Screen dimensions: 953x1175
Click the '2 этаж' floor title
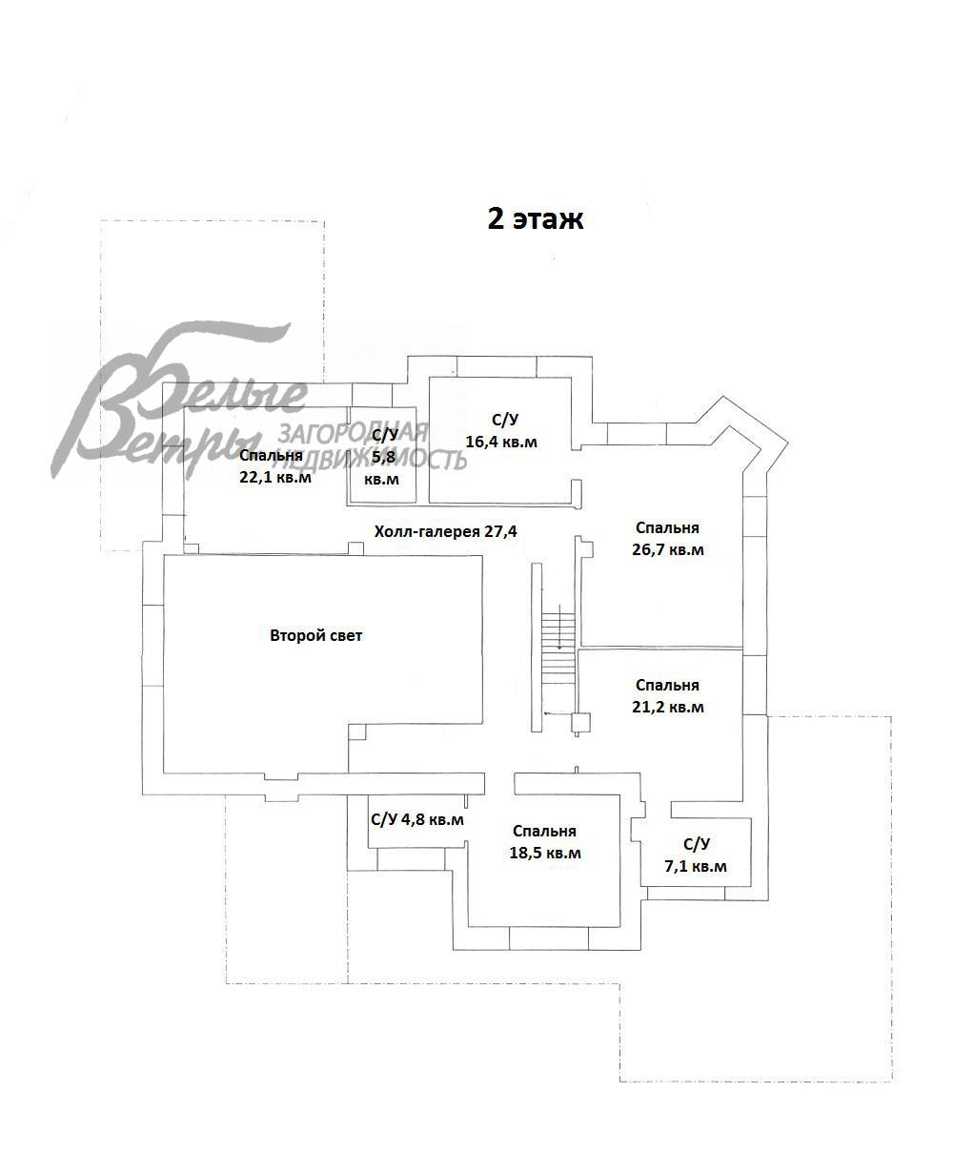tap(536, 219)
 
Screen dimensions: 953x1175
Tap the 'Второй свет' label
tap(315, 635)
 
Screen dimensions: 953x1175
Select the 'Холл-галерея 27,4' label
tap(445, 532)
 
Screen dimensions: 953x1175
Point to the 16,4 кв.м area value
tap(501, 442)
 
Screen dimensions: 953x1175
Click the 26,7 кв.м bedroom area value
tap(667, 550)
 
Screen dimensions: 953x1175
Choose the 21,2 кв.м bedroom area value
tap(667, 708)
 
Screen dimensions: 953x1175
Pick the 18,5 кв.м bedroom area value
tap(544, 853)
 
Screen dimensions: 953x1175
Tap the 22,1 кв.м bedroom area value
tap(275, 477)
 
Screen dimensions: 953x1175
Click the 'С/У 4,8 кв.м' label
tap(417, 820)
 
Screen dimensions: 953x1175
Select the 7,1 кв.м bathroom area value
tap(696, 866)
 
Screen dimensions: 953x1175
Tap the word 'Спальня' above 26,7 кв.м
tap(667, 528)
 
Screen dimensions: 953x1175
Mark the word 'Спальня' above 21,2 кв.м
tap(667, 685)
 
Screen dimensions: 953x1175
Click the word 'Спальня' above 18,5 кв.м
tap(544, 831)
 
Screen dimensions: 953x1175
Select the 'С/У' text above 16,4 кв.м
tap(505, 420)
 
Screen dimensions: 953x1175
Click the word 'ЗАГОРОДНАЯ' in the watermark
tap(353, 434)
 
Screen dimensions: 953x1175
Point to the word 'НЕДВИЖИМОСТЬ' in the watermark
tap(371, 460)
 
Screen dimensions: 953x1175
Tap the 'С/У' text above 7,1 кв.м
tap(696, 844)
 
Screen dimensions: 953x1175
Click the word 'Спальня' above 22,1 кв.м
tap(272, 456)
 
